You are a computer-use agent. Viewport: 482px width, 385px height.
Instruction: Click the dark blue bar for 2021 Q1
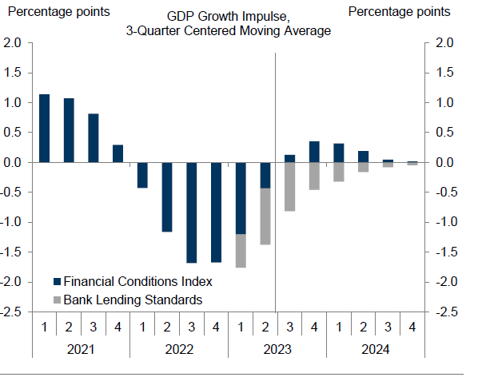[45, 128]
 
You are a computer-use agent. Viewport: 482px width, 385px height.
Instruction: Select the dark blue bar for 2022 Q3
[192, 212]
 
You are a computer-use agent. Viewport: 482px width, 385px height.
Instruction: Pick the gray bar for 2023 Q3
[289, 187]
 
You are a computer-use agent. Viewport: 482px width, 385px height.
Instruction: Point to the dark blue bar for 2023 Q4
[314, 152]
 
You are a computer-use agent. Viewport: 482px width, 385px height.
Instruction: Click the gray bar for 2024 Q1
[339, 172]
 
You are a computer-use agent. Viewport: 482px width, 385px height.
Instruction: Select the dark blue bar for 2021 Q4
[118, 153]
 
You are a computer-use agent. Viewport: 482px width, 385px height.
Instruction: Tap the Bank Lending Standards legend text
[133, 300]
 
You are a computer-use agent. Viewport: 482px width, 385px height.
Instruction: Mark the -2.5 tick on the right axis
[445, 312]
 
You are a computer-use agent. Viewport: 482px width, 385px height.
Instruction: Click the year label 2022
[179, 348]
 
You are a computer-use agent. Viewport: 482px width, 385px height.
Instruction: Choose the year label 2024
[376, 348]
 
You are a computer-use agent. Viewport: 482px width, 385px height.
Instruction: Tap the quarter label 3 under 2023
[289, 327]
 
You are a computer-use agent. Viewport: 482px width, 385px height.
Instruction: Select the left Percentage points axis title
[58, 12]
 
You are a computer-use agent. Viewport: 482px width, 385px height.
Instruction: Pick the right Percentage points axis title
[399, 12]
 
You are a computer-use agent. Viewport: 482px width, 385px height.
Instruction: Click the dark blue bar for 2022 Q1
[142, 175]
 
